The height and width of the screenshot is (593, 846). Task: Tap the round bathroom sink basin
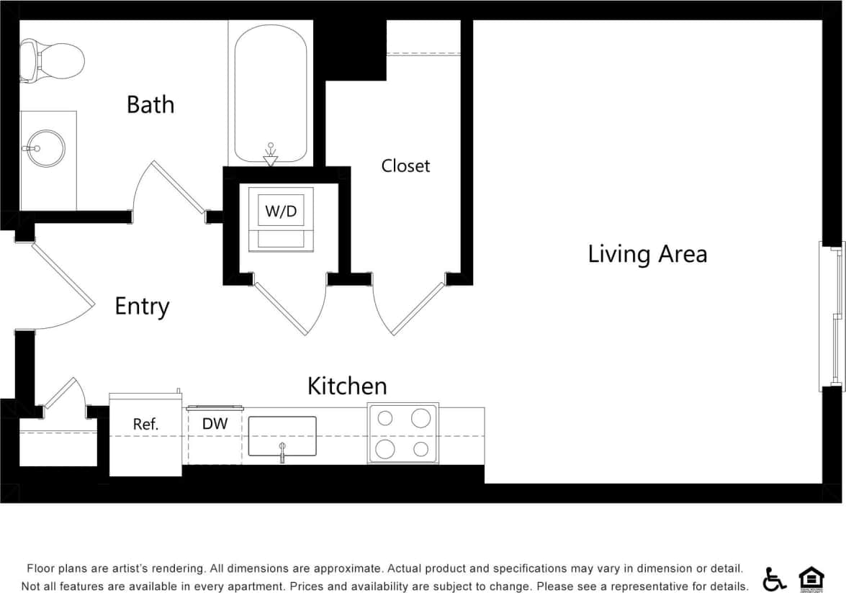click(x=47, y=148)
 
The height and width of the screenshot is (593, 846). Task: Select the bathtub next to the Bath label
click(x=271, y=94)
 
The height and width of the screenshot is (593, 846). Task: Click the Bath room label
click(x=150, y=104)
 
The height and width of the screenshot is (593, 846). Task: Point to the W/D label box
click(x=281, y=211)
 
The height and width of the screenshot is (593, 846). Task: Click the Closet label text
click(x=405, y=166)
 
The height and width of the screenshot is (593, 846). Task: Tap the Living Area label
click(x=647, y=254)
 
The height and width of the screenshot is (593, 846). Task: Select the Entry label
click(x=142, y=307)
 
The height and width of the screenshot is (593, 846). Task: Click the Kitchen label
click(x=347, y=386)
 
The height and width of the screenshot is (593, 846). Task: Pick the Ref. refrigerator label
click(x=145, y=425)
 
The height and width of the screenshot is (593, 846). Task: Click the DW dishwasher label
click(x=215, y=424)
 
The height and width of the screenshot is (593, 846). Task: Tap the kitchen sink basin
click(x=282, y=435)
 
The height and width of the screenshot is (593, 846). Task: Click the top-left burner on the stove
click(x=386, y=418)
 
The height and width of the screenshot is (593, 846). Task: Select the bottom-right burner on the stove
click(x=421, y=450)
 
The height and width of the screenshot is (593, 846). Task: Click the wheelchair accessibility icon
click(x=775, y=578)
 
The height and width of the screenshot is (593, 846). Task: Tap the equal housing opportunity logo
click(x=811, y=578)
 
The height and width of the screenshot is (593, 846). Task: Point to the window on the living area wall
click(x=833, y=317)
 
